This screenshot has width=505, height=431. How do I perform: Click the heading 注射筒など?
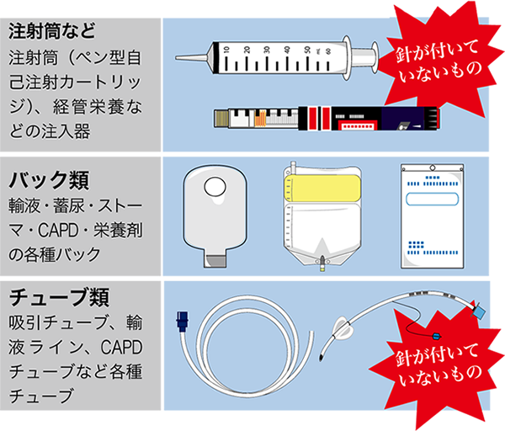pos(52,31)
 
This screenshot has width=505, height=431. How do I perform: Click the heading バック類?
pos(49,180)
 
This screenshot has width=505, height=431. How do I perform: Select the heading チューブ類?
pos(59,297)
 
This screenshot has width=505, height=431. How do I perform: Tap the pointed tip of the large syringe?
pos(176,57)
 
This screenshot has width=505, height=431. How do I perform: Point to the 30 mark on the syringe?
pos(267,50)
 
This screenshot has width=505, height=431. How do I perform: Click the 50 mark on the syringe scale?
pos(307,50)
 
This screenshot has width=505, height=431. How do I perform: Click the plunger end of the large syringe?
pos(375,57)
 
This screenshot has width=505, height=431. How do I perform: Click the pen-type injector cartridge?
pos(327,119)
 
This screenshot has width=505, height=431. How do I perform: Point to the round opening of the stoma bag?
pos(215,187)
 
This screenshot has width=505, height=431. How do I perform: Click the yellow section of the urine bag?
pos(322,188)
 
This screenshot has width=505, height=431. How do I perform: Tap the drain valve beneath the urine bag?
pos(322,263)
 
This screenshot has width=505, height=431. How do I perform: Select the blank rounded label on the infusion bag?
pos(432,199)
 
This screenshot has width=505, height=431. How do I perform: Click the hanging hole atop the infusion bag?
pos(433,168)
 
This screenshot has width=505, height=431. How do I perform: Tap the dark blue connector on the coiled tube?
pos(182,322)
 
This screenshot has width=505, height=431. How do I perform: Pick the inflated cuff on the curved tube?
pos(344,328)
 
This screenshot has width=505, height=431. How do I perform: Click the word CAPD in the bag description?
pos(58,231)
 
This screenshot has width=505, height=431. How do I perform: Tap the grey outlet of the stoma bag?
pos(215,261)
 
